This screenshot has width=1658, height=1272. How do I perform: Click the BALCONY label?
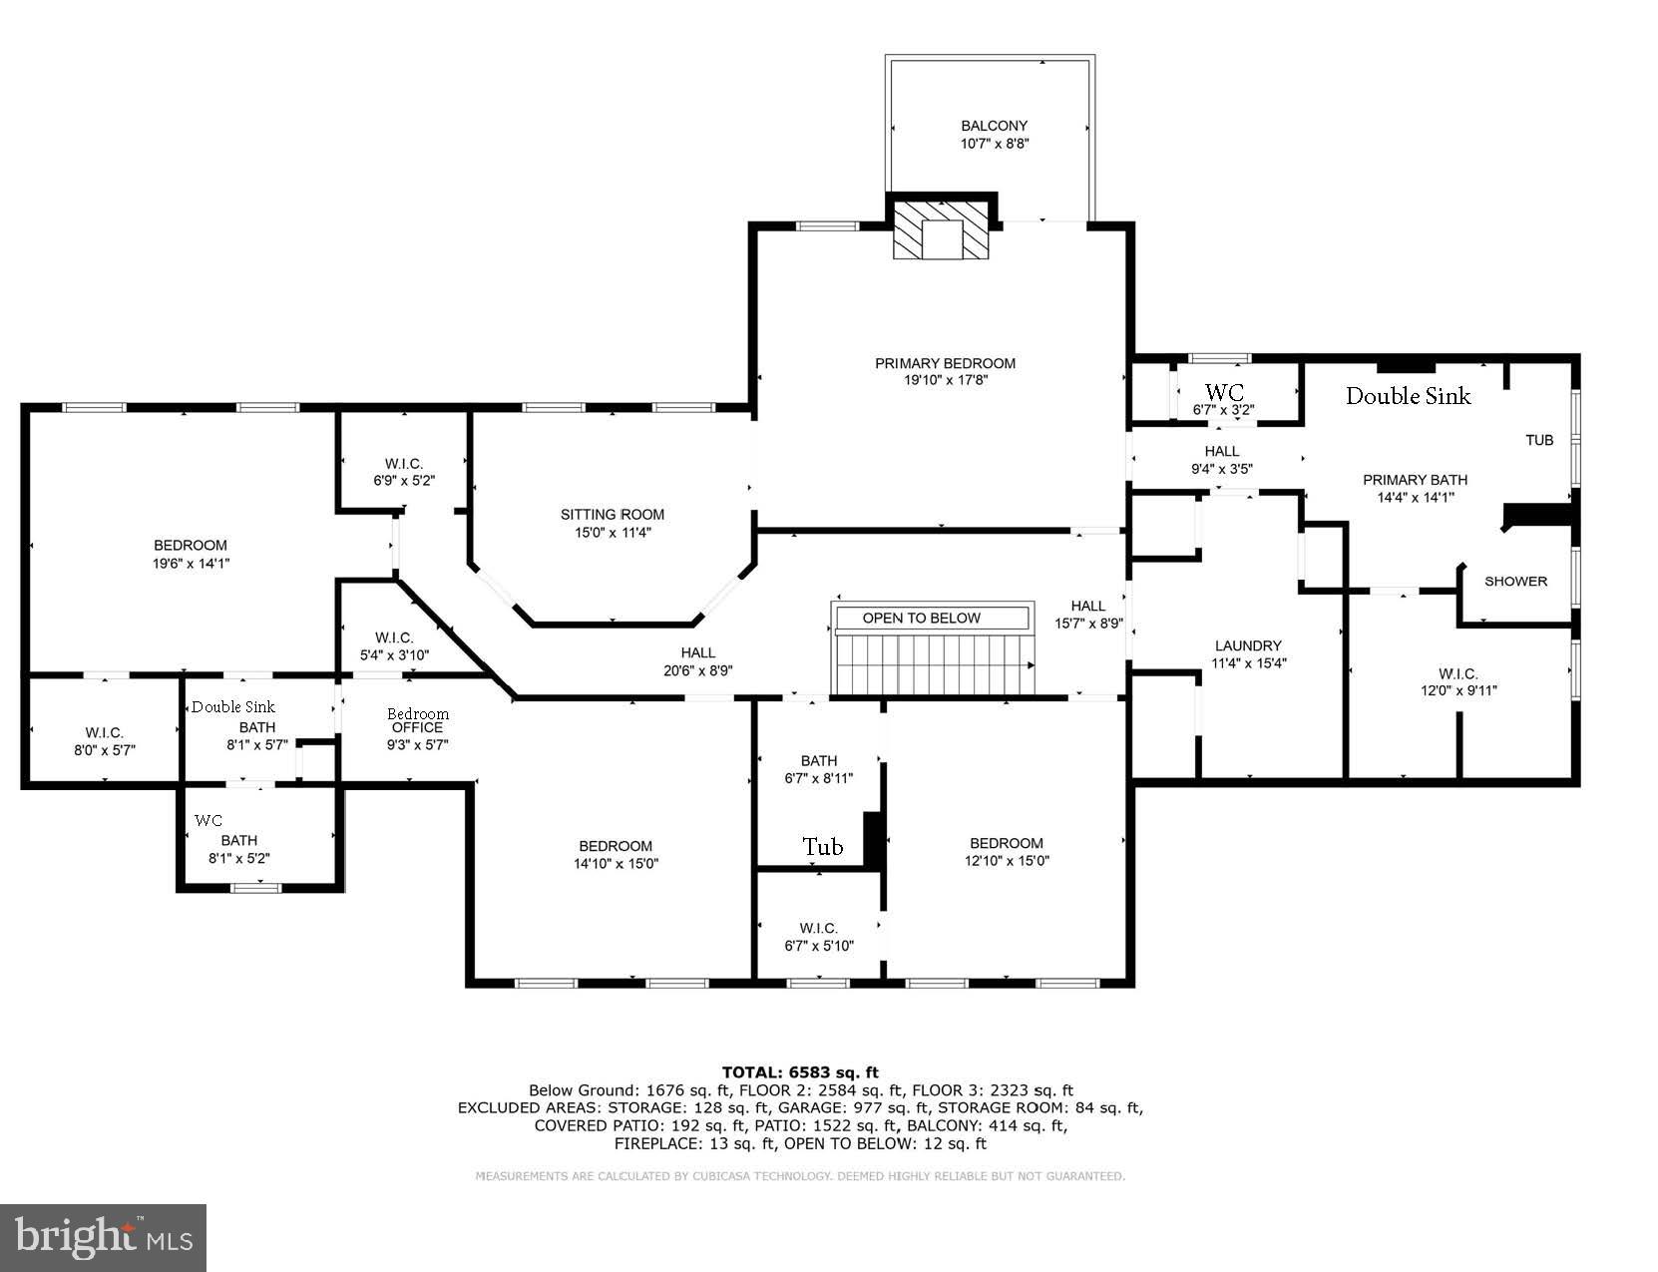pos(994,127)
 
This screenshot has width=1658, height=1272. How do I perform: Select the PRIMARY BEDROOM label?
pos(945,364)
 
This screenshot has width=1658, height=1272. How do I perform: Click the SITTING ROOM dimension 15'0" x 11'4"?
pos(612,533)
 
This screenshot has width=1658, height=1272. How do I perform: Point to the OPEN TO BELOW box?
pos(921,619)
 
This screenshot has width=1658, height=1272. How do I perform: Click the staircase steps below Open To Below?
pos(933,665)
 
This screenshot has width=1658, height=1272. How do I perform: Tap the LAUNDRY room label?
pos(1247,646)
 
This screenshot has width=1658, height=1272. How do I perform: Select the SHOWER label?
pos(1515,582)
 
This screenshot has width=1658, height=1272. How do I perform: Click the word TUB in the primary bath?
pos(1539,440)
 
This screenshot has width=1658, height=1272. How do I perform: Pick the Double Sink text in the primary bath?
pos(1408,396)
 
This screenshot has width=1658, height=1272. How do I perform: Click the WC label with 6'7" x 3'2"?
pos(1224,392)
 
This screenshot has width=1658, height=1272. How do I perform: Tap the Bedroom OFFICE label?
pos(417,720)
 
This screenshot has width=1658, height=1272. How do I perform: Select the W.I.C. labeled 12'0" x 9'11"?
pos(1457,674)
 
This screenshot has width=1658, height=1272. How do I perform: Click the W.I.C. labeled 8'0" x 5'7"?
pos(104,733)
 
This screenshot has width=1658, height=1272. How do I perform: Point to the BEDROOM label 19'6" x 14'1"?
pos(190,546)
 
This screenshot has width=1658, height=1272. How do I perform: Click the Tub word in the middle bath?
pos(823,847)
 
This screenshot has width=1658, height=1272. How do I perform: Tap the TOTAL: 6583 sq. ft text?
pos(800,1072)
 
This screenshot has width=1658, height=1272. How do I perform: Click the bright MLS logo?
pos(104,1237)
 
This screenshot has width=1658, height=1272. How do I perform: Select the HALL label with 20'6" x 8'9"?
pos(697,653)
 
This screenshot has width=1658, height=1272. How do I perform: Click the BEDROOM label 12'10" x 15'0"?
pos(1006,844)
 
